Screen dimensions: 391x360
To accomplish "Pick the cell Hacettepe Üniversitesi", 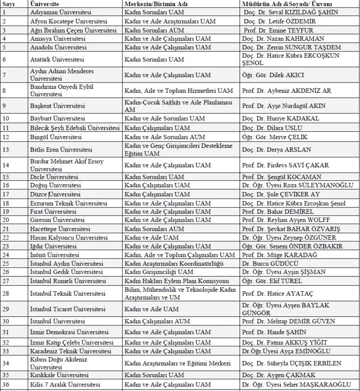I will click(60, 229).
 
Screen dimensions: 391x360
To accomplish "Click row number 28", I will click(6, 294).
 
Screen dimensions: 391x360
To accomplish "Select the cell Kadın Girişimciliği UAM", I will click(159, 272).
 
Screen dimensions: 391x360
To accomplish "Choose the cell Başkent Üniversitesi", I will click(57, 106).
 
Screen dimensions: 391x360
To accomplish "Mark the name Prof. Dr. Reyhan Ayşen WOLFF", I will click(286, 220).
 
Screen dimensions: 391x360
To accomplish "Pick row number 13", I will click(6, 150).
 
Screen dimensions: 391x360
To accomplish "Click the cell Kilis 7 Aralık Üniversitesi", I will click(65, 385).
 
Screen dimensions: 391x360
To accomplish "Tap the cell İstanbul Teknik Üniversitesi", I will click(67, 294).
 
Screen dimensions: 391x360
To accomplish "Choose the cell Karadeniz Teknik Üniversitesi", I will click(71, 351).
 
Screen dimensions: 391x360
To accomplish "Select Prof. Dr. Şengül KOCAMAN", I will click(281, 177).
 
